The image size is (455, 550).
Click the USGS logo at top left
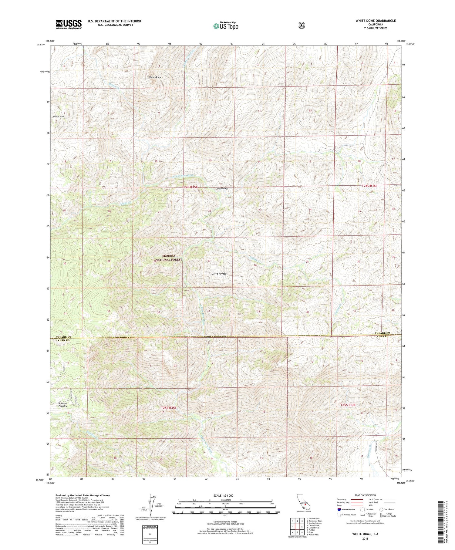69,24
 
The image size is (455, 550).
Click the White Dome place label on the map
155,77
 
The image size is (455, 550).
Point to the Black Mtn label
58,116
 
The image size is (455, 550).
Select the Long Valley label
221,188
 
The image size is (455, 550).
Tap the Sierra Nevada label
219,274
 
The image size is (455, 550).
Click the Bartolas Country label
63,405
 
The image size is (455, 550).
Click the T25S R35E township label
169,408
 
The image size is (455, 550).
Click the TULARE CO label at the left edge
63,337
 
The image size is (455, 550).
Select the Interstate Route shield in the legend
339,509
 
